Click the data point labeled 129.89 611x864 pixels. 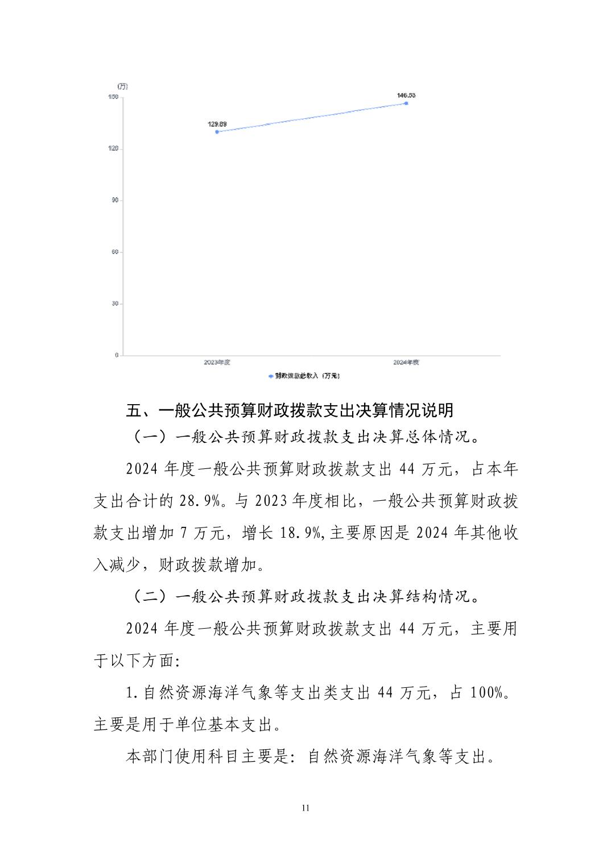point(217,132)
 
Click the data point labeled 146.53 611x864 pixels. point(406,103)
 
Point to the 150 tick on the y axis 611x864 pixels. point(113,97)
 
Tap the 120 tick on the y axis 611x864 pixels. point(113,149)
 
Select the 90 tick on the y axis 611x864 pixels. point(115,201)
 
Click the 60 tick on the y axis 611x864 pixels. point(115,252)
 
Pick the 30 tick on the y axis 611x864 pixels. point(115,304)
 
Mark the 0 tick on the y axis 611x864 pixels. point(117,355)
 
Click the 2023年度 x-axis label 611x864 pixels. point(217,362)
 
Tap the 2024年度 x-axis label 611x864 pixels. point(406,362)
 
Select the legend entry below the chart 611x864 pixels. point(304,376)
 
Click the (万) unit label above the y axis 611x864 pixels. point(122,86)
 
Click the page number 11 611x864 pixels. point(305,808)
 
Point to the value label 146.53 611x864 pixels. point(406,95)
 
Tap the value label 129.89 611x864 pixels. point(217,124)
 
